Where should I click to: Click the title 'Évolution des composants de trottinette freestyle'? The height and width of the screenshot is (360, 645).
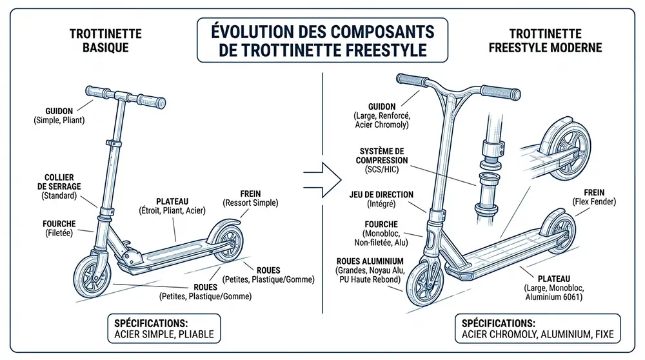322,39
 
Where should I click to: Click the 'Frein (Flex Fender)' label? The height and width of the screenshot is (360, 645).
594,196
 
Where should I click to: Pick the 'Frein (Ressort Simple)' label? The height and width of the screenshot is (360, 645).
250,197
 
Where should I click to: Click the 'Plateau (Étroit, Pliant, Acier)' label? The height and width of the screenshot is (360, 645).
177,205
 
